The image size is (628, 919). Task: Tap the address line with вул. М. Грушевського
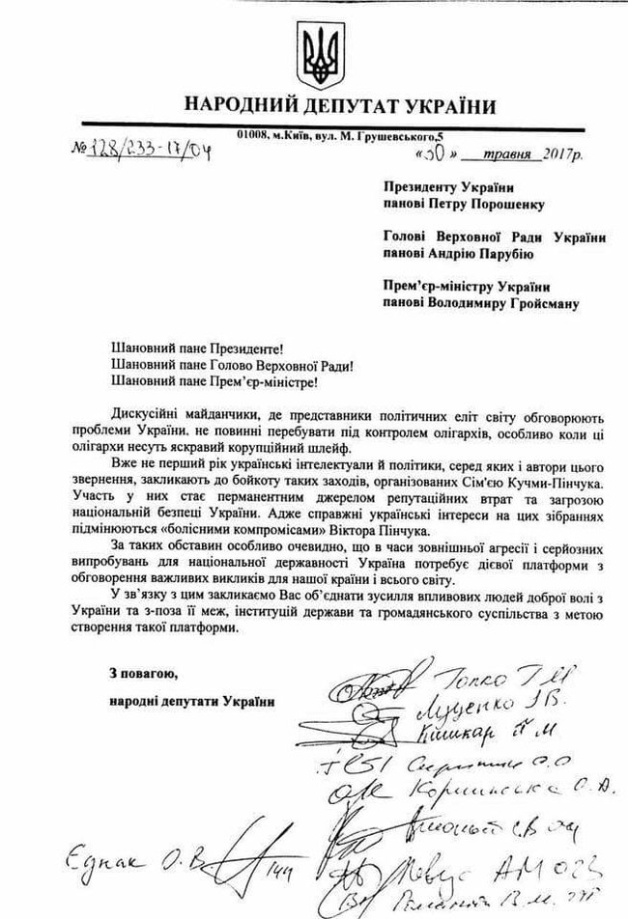[x=371, y=134]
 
